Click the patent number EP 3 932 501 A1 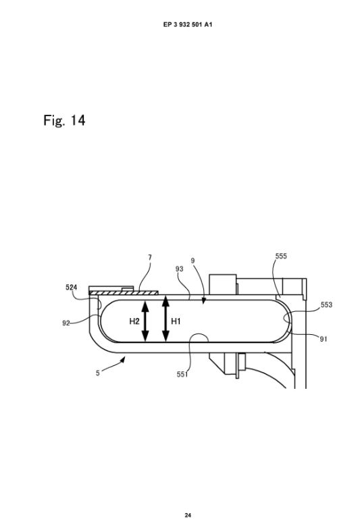(188, 24)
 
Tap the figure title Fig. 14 (64, 120)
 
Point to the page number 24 (188, 515)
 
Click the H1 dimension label (176, 321)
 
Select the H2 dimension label (134, 321)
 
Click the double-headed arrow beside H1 (165, 318)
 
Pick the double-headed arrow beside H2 (145, 321)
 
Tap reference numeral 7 (150, 257)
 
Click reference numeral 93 (179, 269)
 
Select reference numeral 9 (192, 261)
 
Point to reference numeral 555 (281, 256)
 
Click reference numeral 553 (326, 304)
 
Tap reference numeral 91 (324, 339)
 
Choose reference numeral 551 (182, 374)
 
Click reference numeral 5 (98, 373)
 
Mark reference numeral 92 (66, 323)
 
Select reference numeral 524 (71, 288)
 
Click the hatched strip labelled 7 (124, 292)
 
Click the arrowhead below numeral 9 (203, 301)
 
